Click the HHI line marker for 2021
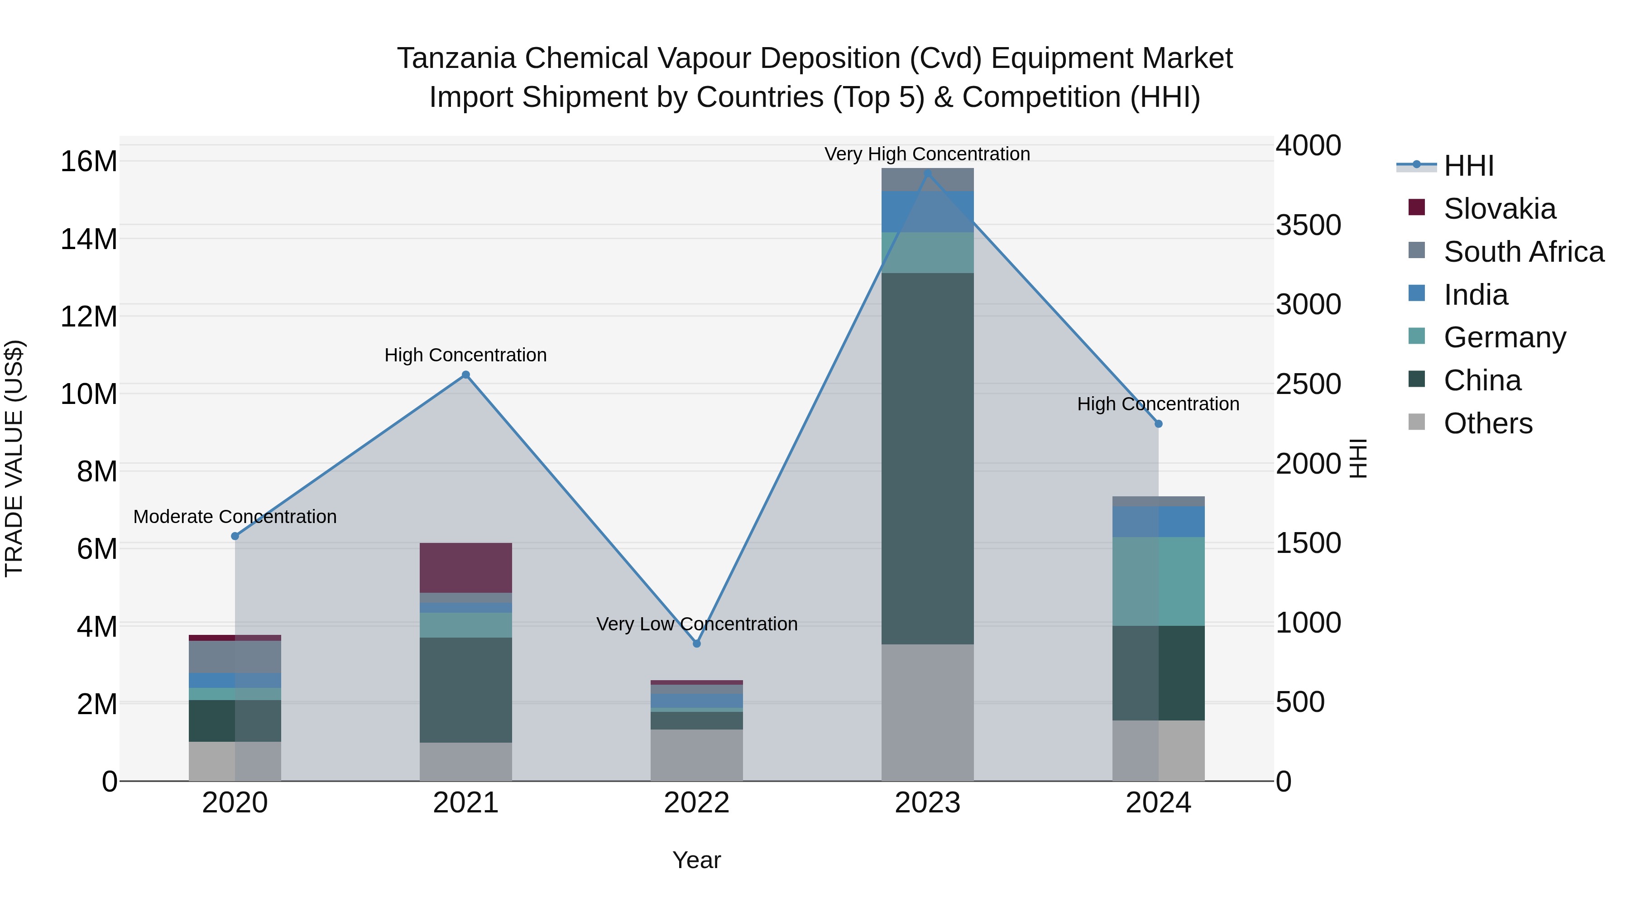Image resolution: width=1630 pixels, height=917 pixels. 466,374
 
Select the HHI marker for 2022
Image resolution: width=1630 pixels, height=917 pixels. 697,643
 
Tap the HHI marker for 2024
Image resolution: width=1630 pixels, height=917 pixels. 1159,424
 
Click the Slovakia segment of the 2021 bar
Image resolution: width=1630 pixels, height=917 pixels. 466,568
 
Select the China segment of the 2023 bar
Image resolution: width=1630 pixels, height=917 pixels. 928,459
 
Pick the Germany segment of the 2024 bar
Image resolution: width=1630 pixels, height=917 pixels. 1159,581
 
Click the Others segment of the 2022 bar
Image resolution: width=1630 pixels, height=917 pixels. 697,755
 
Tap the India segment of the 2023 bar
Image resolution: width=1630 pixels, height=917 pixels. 928,211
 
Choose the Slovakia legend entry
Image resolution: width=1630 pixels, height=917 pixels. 1499,209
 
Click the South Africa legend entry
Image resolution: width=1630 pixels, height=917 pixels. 1524,252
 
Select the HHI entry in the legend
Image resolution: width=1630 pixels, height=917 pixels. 1468,166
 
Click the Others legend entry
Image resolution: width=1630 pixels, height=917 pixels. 1488,423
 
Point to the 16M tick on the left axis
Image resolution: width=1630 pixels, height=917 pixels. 89,161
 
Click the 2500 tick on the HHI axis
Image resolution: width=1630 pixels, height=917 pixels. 1308,384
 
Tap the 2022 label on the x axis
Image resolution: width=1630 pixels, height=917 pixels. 697,803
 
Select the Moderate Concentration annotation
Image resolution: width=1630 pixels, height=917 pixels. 235,516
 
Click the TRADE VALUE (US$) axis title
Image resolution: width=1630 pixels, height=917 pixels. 14,458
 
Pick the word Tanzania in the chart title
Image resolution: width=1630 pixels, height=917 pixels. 456,58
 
